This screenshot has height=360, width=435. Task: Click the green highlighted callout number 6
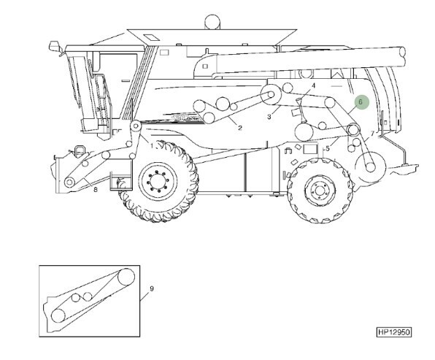pyautogui.click(x=361, y=102)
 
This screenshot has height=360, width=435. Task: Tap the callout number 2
pyautogui.click(x=240, y=128)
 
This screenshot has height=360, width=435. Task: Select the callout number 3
pyautogui.click(x=269, y=117)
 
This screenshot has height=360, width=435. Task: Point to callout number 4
pyautogui.click(x=314, y=85)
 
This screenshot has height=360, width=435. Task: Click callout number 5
pyautogui.click(x=328, y=148)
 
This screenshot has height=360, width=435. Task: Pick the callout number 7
pyautogui.click(x=372, y=134)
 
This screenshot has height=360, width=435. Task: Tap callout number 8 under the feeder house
pyautogui.click(x=96, y=190)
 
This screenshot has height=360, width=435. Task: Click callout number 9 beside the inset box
pyautogui.click(x=152, y=288)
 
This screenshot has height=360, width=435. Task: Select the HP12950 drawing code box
pyautogui.click(x=394, y=332)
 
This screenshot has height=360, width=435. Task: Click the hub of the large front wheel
pyautogui.click(x=158, y=182)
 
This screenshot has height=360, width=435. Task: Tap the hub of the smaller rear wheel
pyautogui.click(x=320, y=191)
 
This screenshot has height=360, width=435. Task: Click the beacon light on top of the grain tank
pyautogui.click(x=212, y=22)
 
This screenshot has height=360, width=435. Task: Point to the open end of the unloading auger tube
pyautogui.click(x=403, y=56)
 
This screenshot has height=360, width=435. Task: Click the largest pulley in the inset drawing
pyautogui.click(x=126, y=277)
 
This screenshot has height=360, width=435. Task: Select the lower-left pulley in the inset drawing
pyautogui.click(x=58, y=315)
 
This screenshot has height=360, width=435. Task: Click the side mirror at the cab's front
pyautogui.click(x=54, y=46)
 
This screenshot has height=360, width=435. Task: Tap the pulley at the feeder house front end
pyautogui.click(x=69, y=182)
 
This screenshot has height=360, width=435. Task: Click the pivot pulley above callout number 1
pyautogui.click(x=136, y=126)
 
